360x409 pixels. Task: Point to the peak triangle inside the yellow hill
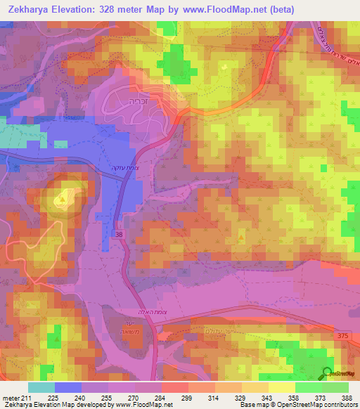65,200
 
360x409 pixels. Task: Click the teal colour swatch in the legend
41,387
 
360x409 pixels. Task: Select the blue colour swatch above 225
67,387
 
